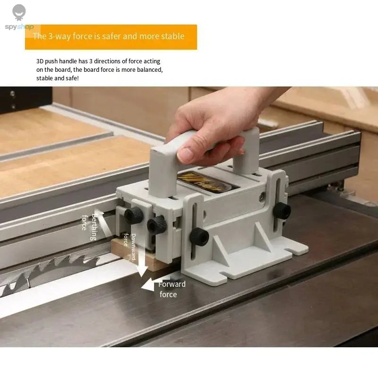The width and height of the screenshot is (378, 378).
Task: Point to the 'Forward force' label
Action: pos(171,289)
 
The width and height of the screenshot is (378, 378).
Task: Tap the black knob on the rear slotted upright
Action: pos(283,210)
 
